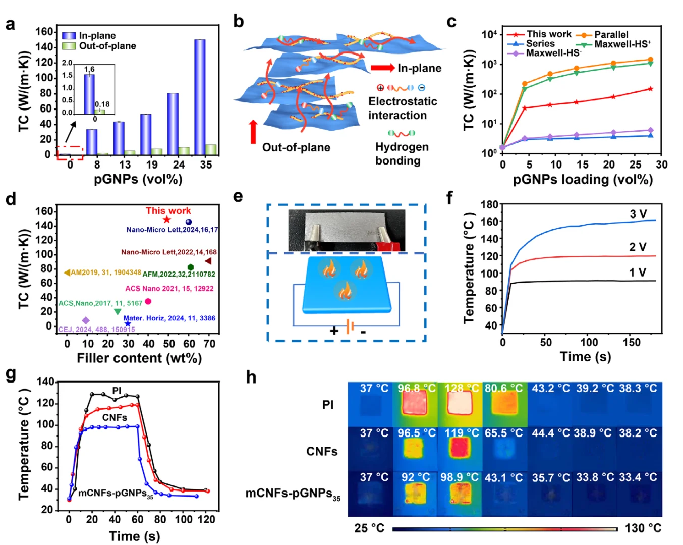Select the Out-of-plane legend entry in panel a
click(107, 46)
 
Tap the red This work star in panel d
click(167, 220)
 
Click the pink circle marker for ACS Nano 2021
click(148, 301)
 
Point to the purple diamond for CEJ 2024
click(86, 320)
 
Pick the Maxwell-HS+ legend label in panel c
click(622, 44)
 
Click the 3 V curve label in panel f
click(638, 214)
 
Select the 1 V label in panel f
click(637, 272)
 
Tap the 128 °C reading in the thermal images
click(461, 388)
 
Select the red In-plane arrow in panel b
click(382, 68)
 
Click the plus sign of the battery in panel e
click(334, 331)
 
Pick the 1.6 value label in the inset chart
click(89, 69)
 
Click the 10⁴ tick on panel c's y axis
click(489, 34)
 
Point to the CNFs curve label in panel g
click(115, 417)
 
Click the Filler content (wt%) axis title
click(139, 358)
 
